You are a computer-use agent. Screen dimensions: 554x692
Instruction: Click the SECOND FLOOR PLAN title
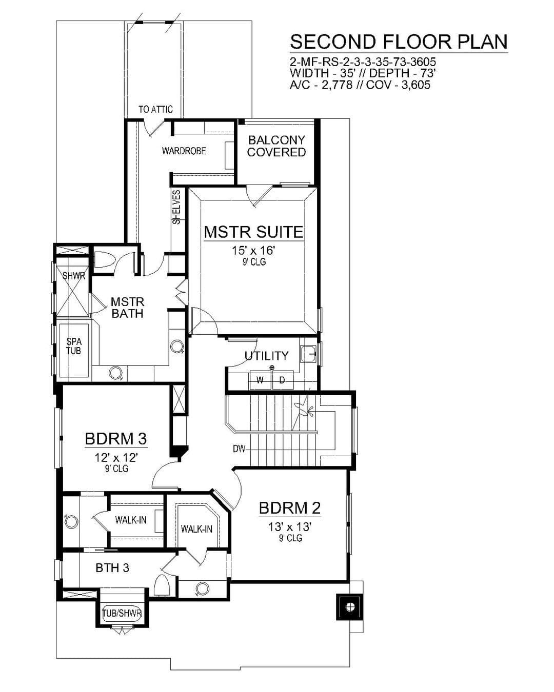click(x=399, y=42)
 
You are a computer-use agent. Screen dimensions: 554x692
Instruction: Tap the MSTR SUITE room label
click(x=254, y=232)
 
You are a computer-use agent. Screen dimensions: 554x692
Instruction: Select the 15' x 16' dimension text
click(x=254, y=251)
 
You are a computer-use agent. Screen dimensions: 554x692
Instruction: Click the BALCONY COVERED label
click(x=276, y=146)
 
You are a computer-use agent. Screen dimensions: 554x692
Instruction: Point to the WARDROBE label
click(x=184, y=151)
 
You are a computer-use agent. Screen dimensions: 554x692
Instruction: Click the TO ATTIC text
click(x=155, y=109)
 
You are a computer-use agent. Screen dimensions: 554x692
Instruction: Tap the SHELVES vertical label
click(x=176, y=207)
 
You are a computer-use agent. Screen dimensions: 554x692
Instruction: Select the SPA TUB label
click(x=74, y=346)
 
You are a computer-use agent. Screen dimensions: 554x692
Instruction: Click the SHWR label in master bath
click(x=74, y=276)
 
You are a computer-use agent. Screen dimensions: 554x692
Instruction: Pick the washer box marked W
click(x=261, y=380)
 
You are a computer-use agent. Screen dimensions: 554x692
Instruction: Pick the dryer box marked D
click(x=283, y=380)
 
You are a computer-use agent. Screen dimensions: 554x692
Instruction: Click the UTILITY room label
click(x=267, y=356)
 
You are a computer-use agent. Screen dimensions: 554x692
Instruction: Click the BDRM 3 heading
click(x=116, y=439)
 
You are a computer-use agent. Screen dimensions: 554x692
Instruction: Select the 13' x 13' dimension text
click(x=290, y=527)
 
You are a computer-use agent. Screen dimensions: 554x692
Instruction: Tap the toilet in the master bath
click(x=105, y=259)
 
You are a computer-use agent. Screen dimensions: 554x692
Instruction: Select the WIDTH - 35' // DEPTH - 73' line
click(x=363, y=73)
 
